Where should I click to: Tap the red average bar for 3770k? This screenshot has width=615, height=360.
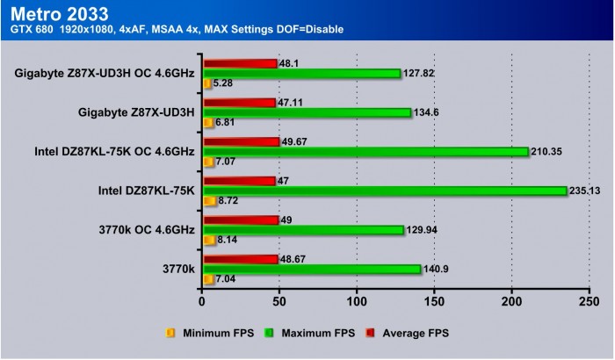pos(241,259)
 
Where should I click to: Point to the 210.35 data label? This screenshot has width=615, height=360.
pos(549,152)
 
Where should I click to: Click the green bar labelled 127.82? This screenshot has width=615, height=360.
pos(302,74)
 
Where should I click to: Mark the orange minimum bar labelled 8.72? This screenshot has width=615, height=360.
pos(209,201)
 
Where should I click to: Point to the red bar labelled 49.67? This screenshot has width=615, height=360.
pos(241,141)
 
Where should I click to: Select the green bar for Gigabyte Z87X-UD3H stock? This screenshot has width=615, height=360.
pos(307,112)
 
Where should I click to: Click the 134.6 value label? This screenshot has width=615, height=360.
pos(430,112)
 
